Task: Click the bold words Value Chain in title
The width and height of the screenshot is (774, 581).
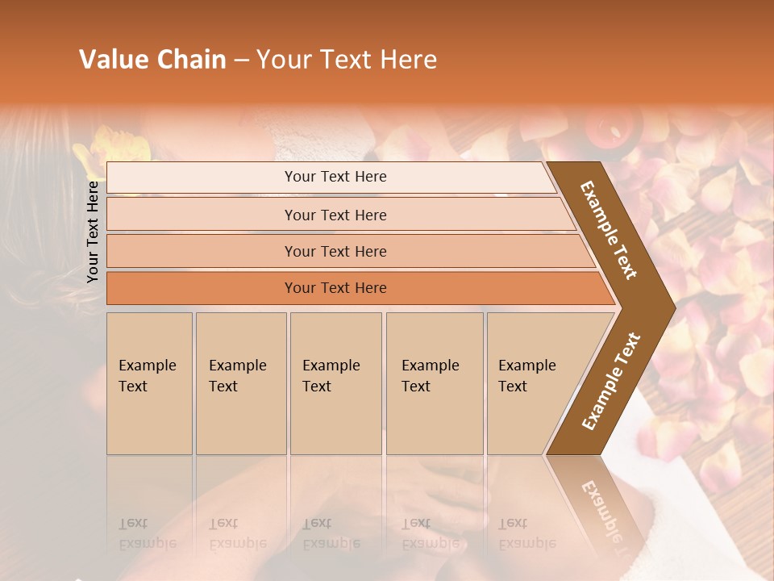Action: click(x=152, y=60)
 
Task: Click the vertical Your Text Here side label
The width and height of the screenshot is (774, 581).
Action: click(x=93, y=232)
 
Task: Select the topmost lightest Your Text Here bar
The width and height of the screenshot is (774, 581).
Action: click(x=335, y=177)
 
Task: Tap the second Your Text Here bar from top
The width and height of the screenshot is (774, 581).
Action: click(x=335, y=215)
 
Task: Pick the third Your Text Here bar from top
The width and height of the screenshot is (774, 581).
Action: click(x=335, y=251)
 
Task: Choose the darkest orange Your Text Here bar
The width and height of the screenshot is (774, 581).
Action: click(x=335, y=288)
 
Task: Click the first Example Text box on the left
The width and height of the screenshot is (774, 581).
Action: click(x=149, y=383)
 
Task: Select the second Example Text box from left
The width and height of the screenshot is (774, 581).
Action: click(x=240, y=383)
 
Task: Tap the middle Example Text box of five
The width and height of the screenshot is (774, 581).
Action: click(x=335, y=383)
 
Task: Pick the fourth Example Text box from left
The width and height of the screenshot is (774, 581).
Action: click(x=434, y=383)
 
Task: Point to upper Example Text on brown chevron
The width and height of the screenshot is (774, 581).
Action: click(x=610, y=230)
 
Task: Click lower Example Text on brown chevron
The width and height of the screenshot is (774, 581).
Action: click(x=611, y=381)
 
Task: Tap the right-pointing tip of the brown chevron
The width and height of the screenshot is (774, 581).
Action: click(x=671, y=307)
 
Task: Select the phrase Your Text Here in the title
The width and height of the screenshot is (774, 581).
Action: click(x=347, y=60)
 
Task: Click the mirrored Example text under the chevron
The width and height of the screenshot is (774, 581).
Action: click(x=601, y=504)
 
